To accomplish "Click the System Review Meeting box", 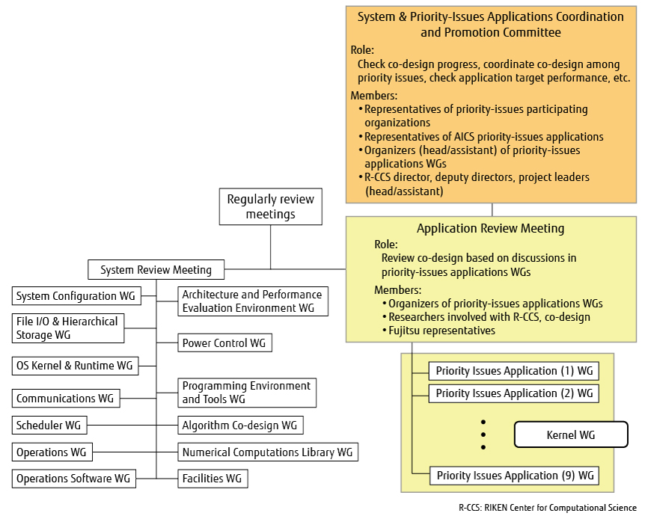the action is pyautogui.click(x=156, y=270).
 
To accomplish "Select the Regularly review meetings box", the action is pyautogui.click(x=271, y=206).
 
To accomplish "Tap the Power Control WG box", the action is pyautogui.click(x=224, y=343).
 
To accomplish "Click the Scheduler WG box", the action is pyautogui.click(x=49, y=426).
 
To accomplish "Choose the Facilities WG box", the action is pyautogui.click(x=213, y=479).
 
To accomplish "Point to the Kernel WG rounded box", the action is pyautogui.click(x=571, y=434).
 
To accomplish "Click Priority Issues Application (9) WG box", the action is pyautogui.click(x=514, y=476).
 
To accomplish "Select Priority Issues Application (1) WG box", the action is pyautogui.click(x=514, y=371).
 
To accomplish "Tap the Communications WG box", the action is pyautogui.click(x=66, y=398).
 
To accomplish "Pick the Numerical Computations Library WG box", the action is pyautogui.click(x=268, y=452).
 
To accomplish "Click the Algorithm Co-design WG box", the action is pyautogui.click(x=240, y=426).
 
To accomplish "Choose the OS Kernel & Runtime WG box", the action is pyautogui.click(x=75, y=366).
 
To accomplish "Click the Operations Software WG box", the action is pyautogui.click(x=74, y=479).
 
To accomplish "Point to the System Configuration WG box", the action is pyautogui.click(x=76, y=295).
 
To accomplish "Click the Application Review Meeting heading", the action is pyautogui.click(x=491, y=229).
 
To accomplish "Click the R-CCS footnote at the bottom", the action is pyautogui.click(x=548, y=508).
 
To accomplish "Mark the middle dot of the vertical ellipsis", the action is pyautogui.click(x=483, y=434).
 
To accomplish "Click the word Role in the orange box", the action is pyautogui.click(x=362, y=50).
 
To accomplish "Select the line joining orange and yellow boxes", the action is pyautogui.click(x=492, y=210).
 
